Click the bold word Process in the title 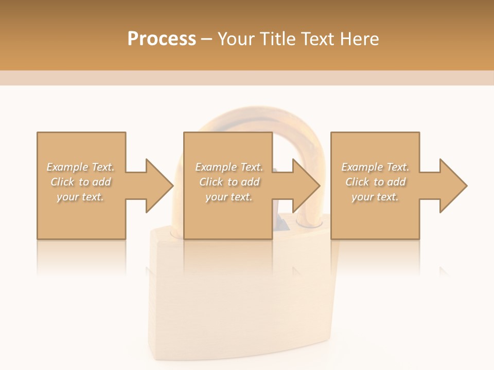[x=162, y=39]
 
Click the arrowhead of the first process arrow [x=160, y=186]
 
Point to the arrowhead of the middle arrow [x=307, y=186]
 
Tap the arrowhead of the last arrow [x=453, y=186]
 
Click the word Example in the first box [x=67, y=167]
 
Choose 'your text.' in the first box [x=80, y=197]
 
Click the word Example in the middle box [x=216, y=167]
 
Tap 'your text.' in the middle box [x=229, y=197]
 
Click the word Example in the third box [x=362, y=167]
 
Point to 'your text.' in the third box [x=375, y=197]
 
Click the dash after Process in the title [x=207, y=39]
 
